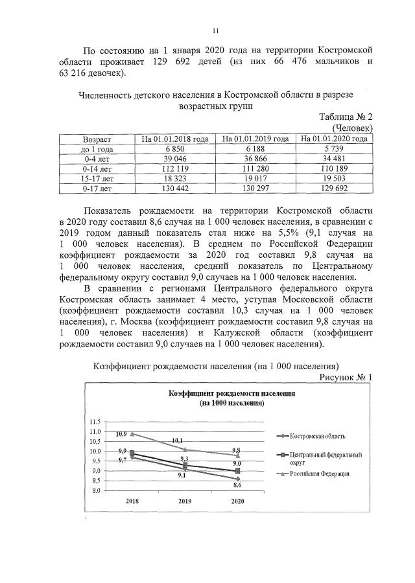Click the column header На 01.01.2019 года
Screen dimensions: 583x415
(255, 139)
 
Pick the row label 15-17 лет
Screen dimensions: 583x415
(96, 178)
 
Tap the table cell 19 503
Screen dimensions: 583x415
(334, 178)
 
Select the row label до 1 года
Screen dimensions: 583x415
(96, 148)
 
